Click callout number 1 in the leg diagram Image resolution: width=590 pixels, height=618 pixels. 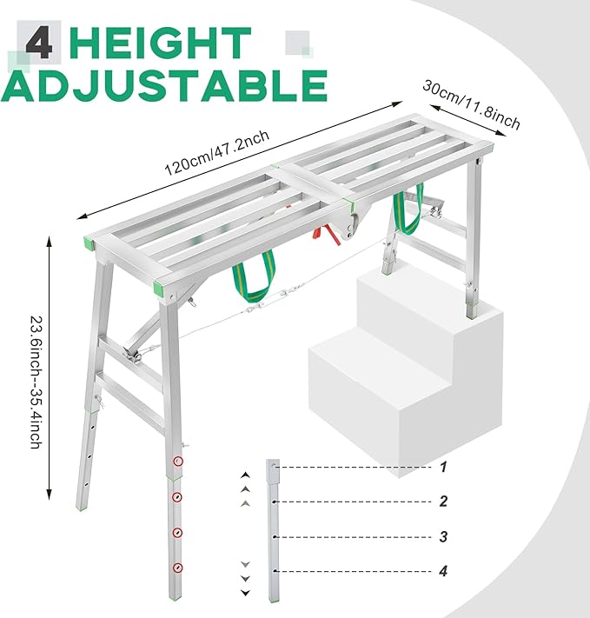click(x=442, y=467)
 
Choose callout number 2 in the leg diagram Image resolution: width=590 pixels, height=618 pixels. click(x=442, y=502)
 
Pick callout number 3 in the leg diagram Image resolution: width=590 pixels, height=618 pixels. click(x=442, y=537)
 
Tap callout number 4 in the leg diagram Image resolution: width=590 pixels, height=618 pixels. click(x=442, y=571)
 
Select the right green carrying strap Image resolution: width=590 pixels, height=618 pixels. click(x=407, y=212)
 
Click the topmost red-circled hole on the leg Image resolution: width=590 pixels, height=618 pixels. click(x=178, y=462)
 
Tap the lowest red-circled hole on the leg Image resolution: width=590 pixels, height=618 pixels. click(x=178, y=568)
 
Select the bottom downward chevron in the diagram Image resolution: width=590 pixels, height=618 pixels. click(x=246, y=592)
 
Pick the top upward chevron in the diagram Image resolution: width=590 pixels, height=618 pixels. click(x=246, y=475)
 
